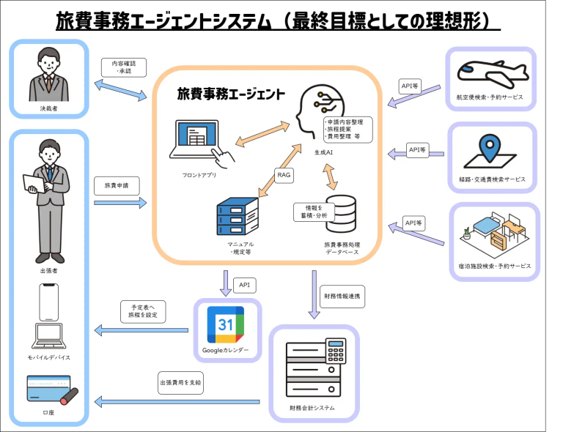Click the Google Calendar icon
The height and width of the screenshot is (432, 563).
pyautogui.click(x=226, y=324)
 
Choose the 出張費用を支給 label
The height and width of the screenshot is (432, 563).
pyautogui.click(x=180, y=382)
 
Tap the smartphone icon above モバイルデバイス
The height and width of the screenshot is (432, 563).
pyautogui.click(x=48, y=302)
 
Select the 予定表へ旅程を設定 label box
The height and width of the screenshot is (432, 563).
pyautogui.click(x=144, y=313)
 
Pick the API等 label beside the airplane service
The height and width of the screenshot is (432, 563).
pyautogui.click(x=410, y=86)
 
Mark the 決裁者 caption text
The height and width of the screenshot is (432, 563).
pyautogui.click(x=48, y=108)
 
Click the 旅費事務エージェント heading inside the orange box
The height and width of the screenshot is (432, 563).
pyautogui.click(x=231, y=94)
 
